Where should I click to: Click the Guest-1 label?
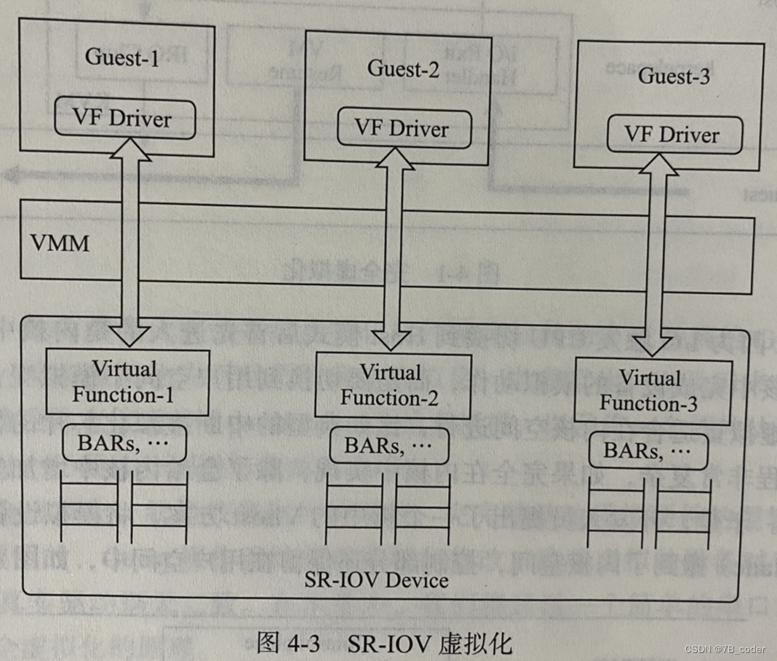[x=121, y=58]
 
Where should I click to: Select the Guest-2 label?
[x=405, y=69]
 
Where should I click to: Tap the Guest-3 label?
[x=673, y=76]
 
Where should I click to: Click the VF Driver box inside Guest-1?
[x=122, y=119]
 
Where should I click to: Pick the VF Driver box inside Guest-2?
[x=402, y=128]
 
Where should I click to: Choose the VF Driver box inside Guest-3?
[x=673, y=135]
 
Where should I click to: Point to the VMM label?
[x=60, y=243]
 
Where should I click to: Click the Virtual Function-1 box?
[x=127, y=382]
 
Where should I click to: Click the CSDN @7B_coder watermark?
[x=729, y=649]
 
